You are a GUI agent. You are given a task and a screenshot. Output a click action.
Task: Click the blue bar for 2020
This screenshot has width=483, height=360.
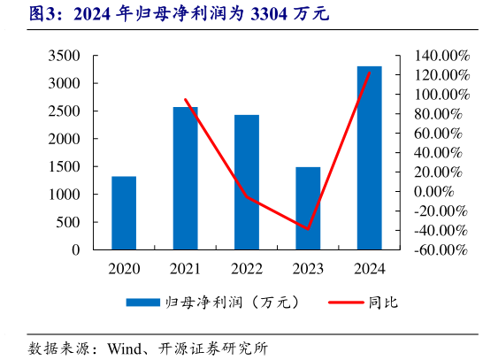click(x=124, y=213)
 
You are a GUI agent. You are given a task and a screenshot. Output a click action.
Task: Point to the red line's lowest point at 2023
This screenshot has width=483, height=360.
click(x=308, y=228)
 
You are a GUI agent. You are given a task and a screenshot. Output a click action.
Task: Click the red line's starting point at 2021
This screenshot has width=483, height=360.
click(x=185, y=99)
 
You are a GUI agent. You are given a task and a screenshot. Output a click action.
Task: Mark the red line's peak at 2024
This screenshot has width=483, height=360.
click(x=369, y=73)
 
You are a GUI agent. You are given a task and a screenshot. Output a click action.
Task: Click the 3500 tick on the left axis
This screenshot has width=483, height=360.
click(x=64, y=56)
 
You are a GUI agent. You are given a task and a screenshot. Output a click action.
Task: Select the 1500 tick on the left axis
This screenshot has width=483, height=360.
click(x=64, y=166)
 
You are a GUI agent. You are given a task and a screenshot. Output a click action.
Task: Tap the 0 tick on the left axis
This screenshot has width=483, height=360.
click(x=75, y=249)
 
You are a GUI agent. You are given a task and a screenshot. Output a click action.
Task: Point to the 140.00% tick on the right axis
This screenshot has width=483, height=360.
click(x=434, y=56)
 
